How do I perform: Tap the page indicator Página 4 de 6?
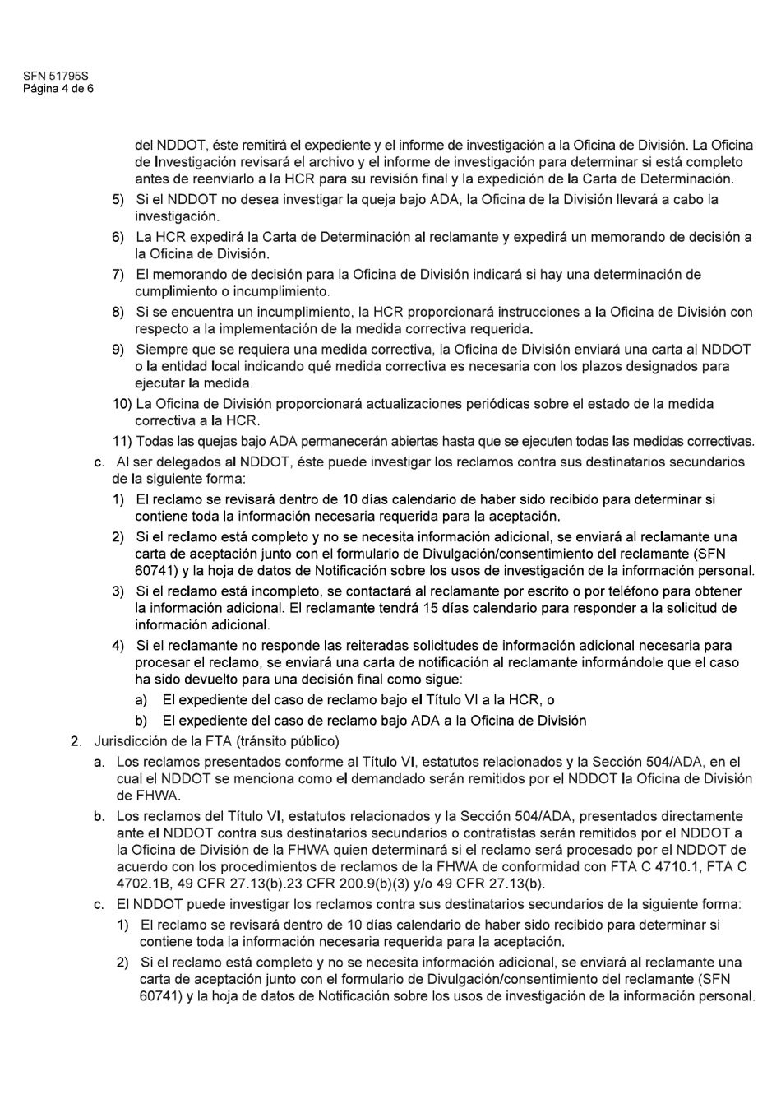(x=58, y=88)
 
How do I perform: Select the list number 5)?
(x=118, y=200)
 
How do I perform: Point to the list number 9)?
(x=118, y=350)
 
